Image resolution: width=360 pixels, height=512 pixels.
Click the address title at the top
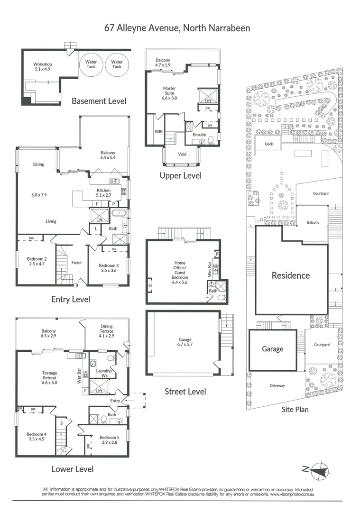[177, 28]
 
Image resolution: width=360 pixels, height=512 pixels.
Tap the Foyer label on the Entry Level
[76, 262]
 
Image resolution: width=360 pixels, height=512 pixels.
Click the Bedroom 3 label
[108, 268]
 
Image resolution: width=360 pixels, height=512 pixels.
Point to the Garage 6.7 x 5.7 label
[185, 342]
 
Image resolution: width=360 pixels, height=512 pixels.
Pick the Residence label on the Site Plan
[290, 275]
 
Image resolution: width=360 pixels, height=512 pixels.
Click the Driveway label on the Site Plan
[277, 385]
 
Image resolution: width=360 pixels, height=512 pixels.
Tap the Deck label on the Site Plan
[269, 144]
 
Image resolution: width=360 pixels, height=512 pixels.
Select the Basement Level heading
[99, 101]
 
